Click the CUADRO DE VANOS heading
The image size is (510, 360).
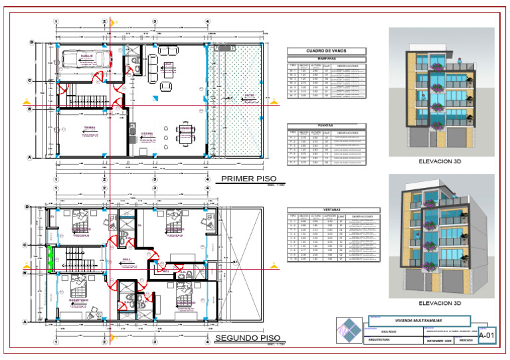tap(326, 51)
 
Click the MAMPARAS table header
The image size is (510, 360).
tap(326, 58)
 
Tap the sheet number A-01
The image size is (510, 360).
tap(487, 337)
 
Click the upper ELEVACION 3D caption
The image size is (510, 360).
tap(439, 161)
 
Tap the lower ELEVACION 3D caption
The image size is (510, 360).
tap(439, 304)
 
